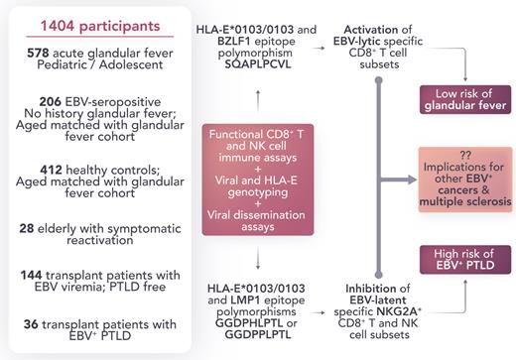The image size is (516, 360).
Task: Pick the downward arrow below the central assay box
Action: [258, 261]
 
